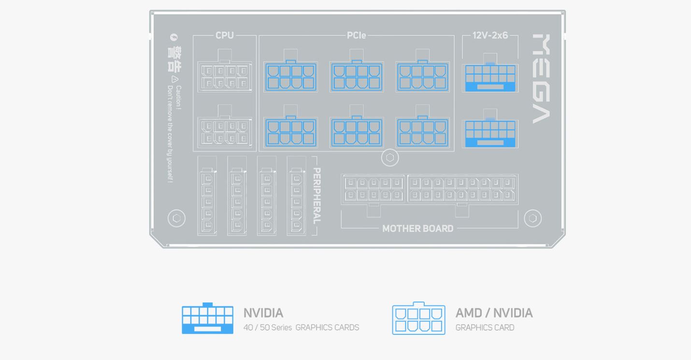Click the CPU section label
click(224, 35)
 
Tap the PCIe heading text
click(356, 35)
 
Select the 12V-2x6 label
click(490, 35)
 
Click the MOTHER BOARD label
click(417, 228)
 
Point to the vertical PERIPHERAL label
click(317, 195)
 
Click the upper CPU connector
click(224, 77)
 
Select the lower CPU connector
click(224, 131)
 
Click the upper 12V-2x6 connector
click(490, 77)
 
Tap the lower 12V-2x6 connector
click(490, 133)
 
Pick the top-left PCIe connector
click(290, 76)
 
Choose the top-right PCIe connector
click(422, 76)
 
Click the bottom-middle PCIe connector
click(357, 132)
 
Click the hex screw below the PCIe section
click(390, 158)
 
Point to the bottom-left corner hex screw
click(176, 218)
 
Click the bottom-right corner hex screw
click(533, 218)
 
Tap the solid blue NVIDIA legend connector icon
click(207, 318)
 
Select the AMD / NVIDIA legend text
click(494, 313)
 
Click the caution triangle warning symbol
click(175, 80)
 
